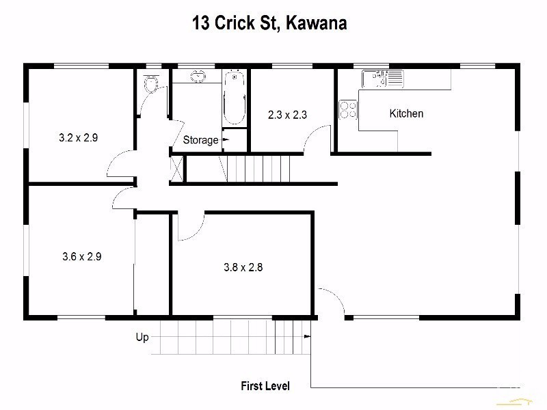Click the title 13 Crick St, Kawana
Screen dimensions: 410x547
coord(269,23)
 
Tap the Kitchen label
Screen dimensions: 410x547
coord(406,113)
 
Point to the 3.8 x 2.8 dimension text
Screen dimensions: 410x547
coord(243,268)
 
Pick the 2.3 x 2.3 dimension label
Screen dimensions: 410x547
coord(287,115)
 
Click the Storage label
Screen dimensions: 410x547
coord(200,140)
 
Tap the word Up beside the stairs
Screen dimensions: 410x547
coord(142,337)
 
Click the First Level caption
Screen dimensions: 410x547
coord(265,386)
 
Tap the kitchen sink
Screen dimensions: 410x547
coord(382,79)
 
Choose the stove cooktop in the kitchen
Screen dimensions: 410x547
coord(348,109)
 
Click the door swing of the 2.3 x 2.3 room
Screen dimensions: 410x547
coord(316,141)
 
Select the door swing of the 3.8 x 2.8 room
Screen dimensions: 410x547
coord(190,227)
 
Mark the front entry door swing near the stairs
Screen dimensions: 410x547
coord(329,302)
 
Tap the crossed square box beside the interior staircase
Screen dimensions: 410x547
coord(176,168)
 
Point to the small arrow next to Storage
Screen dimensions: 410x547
coord(225,139)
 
